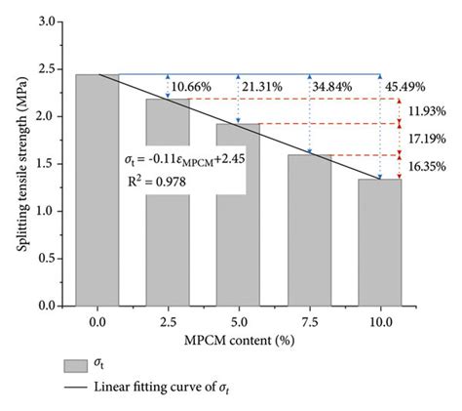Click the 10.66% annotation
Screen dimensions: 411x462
click(192, 87)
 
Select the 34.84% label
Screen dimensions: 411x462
click(333, 87)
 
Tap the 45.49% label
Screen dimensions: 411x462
click(405, 87)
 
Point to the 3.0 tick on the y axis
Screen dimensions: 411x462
click(52, 21)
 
